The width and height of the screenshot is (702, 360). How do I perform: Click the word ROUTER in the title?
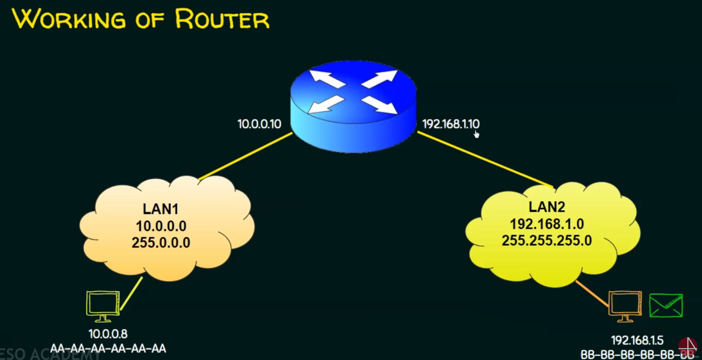(x=222, y=19)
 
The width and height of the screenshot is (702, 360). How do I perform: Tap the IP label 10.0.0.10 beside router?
(x=259, y=124)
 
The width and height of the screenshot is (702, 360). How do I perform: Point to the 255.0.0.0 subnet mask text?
(x=161, y=243)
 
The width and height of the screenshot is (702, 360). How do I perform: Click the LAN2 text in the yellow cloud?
(x=547, y=207)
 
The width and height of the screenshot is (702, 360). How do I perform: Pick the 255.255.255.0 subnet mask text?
(x=547, y=241)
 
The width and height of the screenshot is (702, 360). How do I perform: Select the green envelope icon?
(x=666, y=305)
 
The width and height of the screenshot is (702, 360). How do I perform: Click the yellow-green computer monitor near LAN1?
(x=103, y=305)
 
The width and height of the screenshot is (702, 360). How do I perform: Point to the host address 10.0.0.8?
(x=108, y=334)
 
